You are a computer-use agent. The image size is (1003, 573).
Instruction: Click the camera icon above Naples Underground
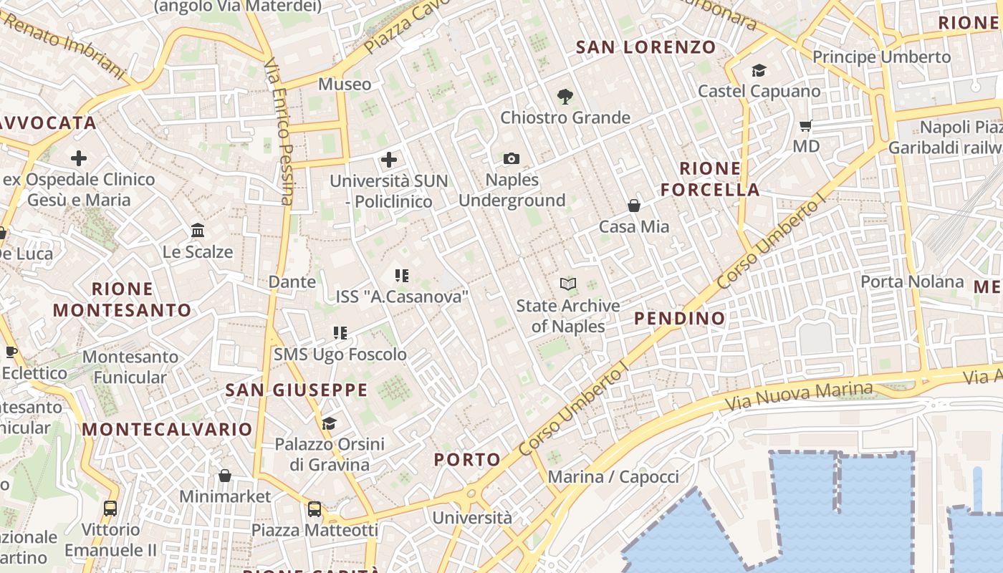coord(511,158)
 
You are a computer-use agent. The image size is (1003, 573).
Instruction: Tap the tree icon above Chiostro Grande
coord(565,97)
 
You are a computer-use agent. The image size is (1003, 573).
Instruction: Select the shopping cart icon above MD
coord(805,126)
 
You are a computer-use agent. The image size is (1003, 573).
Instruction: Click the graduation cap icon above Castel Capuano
coord(759,70)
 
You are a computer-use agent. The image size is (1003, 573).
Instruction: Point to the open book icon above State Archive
coord(568,284)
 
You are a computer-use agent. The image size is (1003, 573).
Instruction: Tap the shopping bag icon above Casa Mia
coord(634,206)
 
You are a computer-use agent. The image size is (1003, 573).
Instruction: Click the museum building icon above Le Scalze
coord(198,231)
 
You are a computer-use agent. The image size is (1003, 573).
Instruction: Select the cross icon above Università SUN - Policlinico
coord(389,159)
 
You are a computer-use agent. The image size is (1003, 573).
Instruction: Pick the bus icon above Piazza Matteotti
coord(315,509)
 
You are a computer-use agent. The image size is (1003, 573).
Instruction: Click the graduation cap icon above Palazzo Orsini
coord(329,423)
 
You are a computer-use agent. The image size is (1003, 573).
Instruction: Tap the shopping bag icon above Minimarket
coord(225,476)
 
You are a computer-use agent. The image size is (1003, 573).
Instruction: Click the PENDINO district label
coord(680,318)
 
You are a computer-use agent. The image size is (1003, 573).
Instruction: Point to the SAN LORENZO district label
coord(646,47)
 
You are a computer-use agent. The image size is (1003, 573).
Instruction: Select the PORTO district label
coord(467,459)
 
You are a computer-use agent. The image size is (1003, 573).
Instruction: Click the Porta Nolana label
coord(911,281)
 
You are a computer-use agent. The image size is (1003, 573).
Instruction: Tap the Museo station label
coord(345,84)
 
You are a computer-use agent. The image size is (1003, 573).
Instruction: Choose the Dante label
coord(292,281)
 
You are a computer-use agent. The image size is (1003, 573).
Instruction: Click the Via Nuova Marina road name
coord(800,395)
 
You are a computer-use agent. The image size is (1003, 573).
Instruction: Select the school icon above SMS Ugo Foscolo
coord(340,332)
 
